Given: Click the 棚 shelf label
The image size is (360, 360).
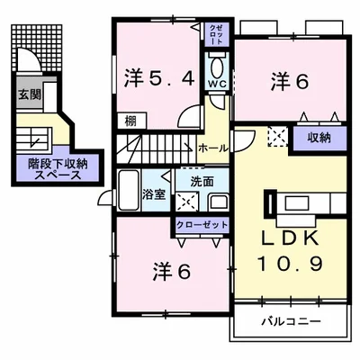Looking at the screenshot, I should (130, 120).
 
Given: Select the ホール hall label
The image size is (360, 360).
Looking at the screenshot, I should (213, 147).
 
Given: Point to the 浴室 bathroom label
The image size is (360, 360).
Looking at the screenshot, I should (154, 193).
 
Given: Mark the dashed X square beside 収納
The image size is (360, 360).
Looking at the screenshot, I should (277, 137).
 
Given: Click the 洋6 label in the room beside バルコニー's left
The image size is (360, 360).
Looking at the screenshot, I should (171, 270).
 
